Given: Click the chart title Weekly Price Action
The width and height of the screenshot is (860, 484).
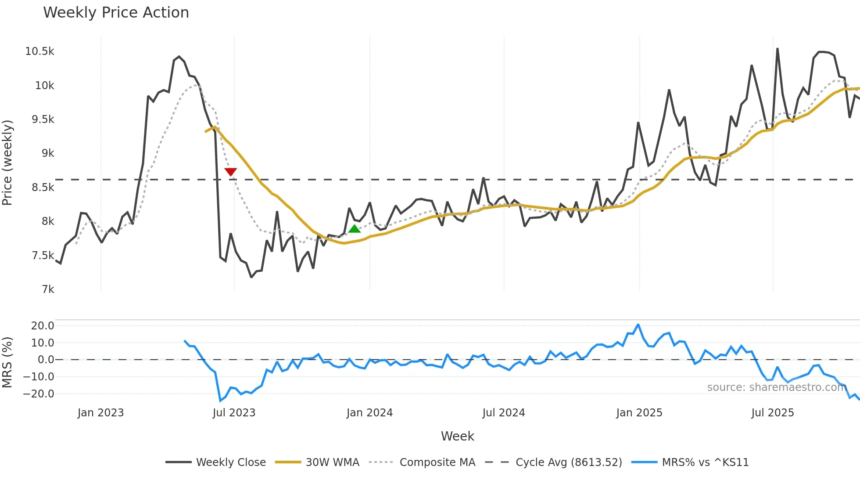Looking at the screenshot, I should click(116, 13).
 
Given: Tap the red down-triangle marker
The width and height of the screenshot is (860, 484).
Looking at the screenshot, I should click(230, 172).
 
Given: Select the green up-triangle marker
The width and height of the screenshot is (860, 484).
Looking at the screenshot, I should click(354, 229).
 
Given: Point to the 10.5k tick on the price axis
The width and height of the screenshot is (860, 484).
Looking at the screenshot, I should click(39, 51).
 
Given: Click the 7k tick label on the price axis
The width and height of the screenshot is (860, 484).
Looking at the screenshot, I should click(48, 289).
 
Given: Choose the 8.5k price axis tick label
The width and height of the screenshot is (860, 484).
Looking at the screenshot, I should click(43, 188).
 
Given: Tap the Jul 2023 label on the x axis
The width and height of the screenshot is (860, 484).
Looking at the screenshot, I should click(234, 413).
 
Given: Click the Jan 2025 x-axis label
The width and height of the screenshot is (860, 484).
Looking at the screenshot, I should click(639, 413).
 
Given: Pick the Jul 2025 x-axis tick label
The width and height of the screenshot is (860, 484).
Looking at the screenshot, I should click(772, 413).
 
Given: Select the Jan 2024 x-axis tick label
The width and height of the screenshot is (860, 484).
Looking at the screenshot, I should click(369, 413).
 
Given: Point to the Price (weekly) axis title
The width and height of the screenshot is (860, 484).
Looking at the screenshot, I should click(7, 163).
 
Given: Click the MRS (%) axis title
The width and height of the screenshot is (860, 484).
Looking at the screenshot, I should click(7, 362).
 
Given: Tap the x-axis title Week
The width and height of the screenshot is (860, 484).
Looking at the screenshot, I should click(457, 436).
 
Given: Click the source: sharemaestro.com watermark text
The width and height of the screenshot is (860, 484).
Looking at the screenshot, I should click(777, 387).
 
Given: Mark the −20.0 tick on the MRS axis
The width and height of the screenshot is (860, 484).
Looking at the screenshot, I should click(39, 394).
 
